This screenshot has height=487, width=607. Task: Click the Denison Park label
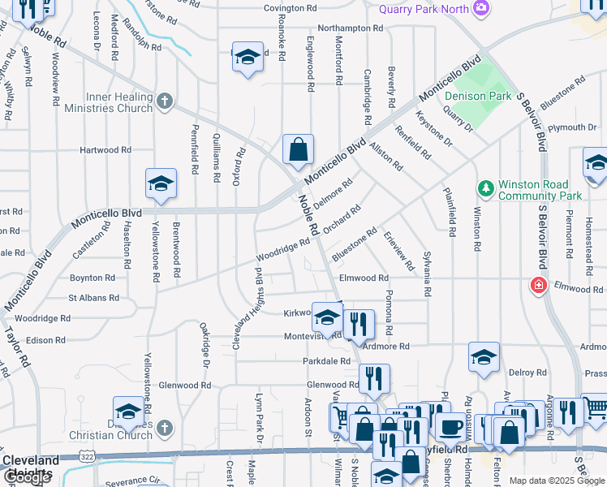tap(477, 96)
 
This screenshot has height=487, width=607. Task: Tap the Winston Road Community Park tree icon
tap(485, 188)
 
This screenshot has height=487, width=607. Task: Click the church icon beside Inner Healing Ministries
tap(165, 101)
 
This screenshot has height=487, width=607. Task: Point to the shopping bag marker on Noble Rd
tap(298, 149)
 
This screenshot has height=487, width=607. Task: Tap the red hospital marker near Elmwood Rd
tap(536, 286)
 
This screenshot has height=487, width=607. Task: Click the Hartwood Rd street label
tap(105, 150)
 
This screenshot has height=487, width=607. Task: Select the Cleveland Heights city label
tap(31, 466)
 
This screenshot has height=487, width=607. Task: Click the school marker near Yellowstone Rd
tap(161, 184)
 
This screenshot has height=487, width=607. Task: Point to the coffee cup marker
tap(450, 426)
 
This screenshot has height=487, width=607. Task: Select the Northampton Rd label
tap(350, 28)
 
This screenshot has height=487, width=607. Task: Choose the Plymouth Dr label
tap(571, 128)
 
